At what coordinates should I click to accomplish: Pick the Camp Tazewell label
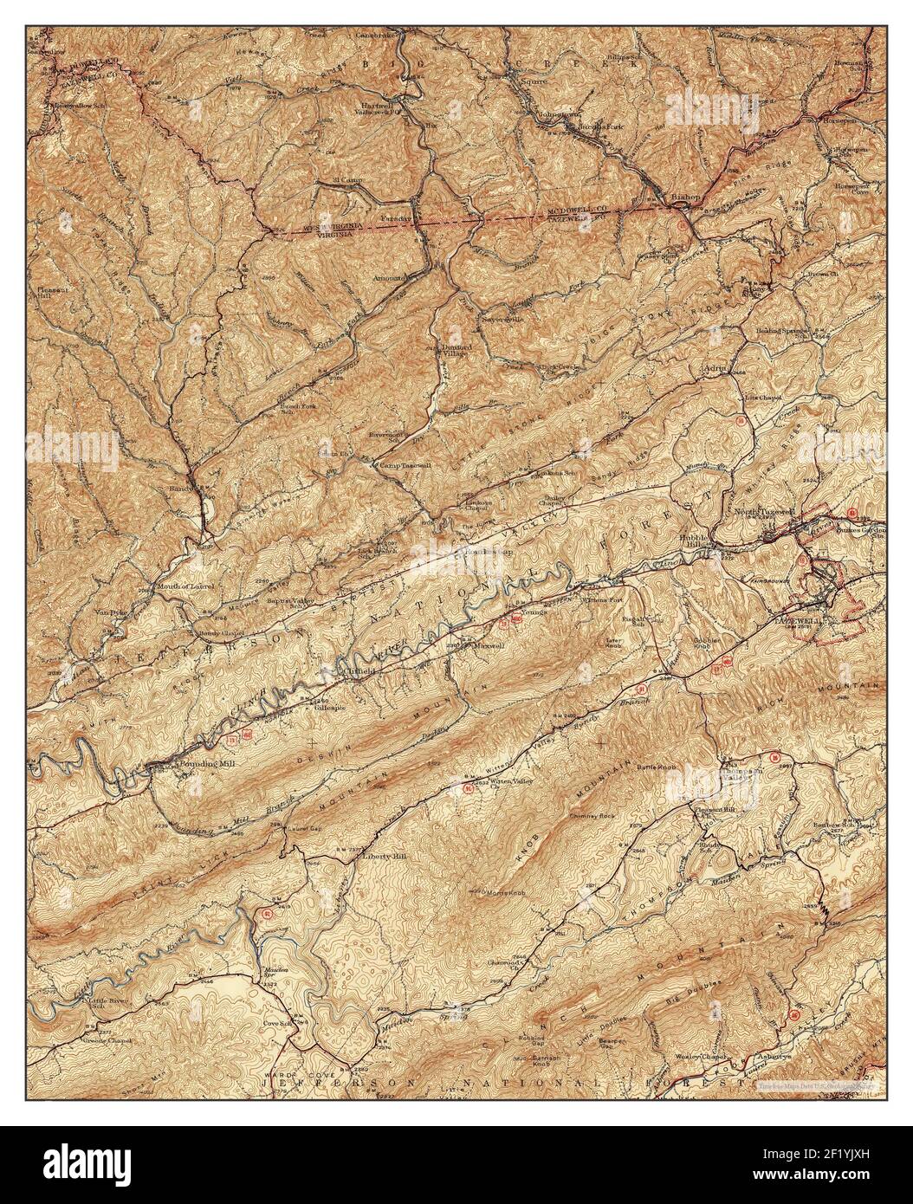pos(405,464)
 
